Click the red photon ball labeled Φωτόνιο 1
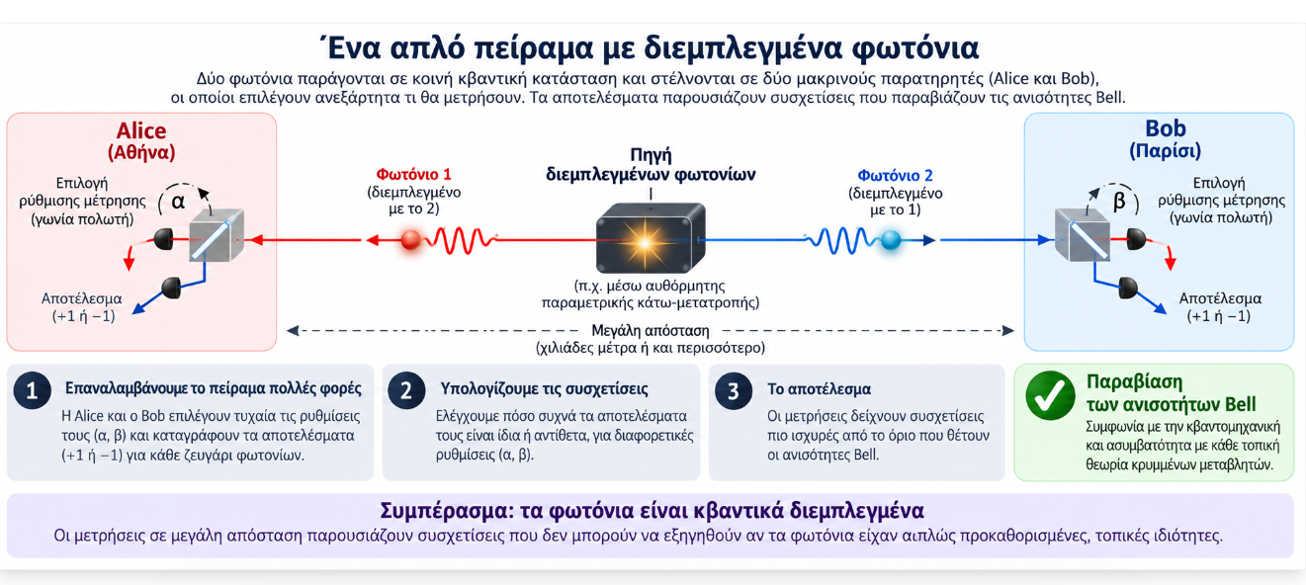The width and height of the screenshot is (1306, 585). (x=411, y=239)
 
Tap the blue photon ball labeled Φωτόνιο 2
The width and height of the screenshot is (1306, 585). (x=891, y=239)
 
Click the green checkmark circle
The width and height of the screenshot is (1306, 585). (x=1050, y=395)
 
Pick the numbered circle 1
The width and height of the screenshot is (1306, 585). (x=32, y=390)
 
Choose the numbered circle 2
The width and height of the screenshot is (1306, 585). (x=406, y=390)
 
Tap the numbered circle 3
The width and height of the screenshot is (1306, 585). (x=734, y=390)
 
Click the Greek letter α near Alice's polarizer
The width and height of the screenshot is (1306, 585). (x=178, y=202)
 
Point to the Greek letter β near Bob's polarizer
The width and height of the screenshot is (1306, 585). (x=1119, y=201)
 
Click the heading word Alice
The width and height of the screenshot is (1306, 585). (x=141, y=130)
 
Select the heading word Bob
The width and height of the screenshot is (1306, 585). (x=1166, y=128)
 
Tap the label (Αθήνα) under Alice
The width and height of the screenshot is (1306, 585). (x=141, y=152)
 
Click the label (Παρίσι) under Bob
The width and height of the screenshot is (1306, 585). (x=1166, y=151)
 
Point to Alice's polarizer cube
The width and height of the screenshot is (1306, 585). (x=217, y=235)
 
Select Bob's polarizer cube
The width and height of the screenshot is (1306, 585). (x=1083, y=235)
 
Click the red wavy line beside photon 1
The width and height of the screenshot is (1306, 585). (x=464, y=240)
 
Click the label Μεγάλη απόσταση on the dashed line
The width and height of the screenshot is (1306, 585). (x=651, y=331)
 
